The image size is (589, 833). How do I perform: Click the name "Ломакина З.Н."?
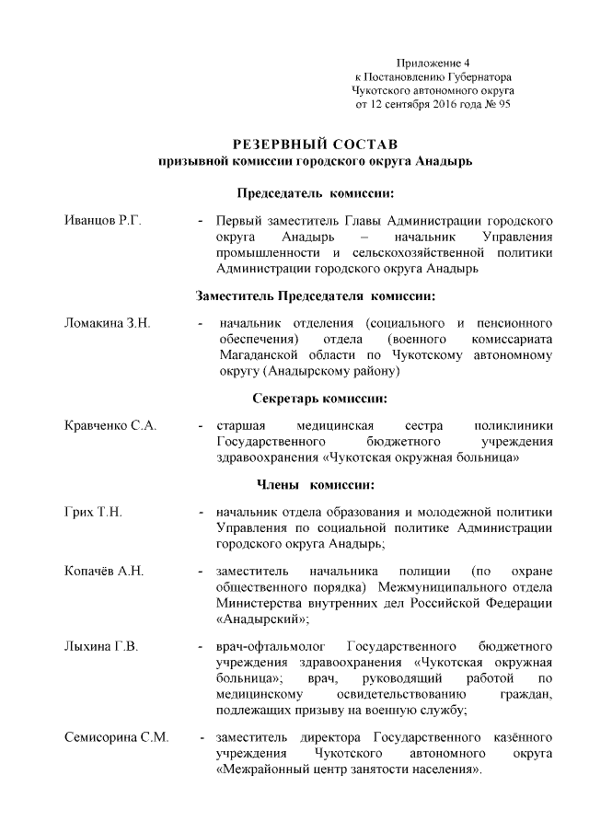coord(107,324)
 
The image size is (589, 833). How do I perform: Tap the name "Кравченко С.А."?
coord(111,426)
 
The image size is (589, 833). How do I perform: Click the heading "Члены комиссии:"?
coord(315,484)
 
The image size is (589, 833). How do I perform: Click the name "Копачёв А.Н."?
coord(104,572)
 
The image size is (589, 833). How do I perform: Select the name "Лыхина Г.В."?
coord(101,647)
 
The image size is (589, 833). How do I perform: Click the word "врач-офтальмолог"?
coord(265,647)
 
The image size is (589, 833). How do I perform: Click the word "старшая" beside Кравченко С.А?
coord(241,426)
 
